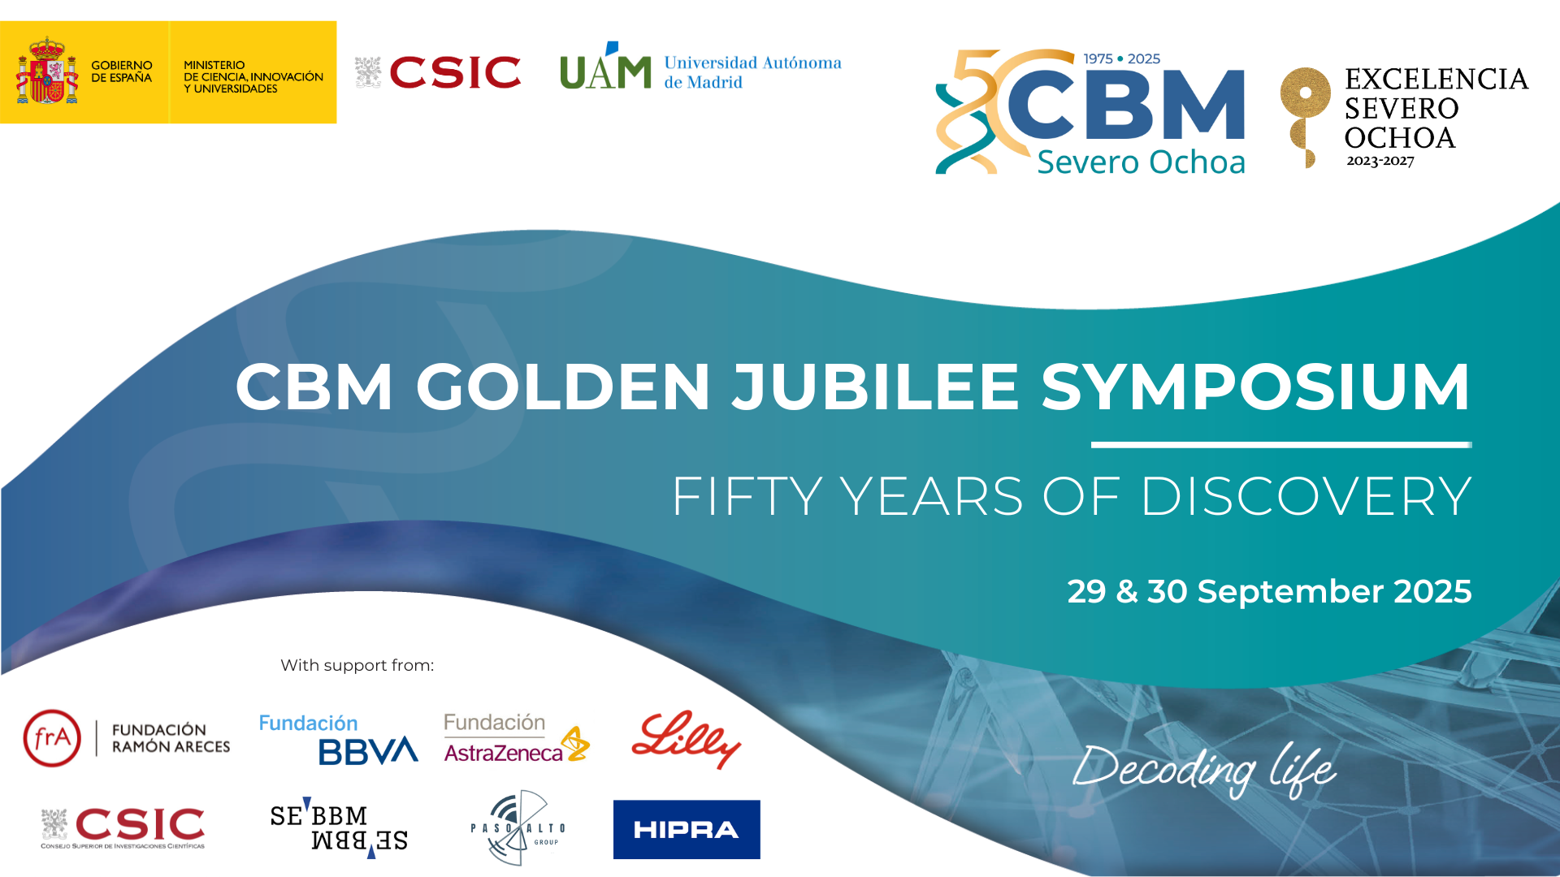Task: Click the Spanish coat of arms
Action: click(47, 71)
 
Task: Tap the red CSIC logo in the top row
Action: click(438, 72)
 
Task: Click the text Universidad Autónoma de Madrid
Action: click(752, 72)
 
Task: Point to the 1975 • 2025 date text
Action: click(1121, 58)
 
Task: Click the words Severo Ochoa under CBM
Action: click(1141, 162)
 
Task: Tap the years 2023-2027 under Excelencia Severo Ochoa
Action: click(1380, 161)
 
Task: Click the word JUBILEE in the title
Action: click(875, 387)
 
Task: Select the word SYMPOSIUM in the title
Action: click(1256, 387)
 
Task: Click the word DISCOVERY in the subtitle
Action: click(1306, 496)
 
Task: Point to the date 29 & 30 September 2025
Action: click(1269, 591)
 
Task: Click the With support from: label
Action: click(357, 665)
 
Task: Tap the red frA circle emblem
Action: click(52, 738)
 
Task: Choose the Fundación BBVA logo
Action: click(338, 739)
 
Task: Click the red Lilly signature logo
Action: click(687, 739)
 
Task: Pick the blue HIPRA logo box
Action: click(687, 829)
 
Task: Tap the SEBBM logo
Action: click(339, 827)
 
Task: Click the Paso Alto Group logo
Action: click(518, 827)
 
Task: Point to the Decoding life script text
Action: click(1204, 769)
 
